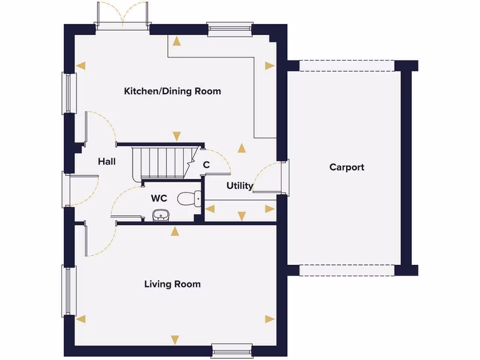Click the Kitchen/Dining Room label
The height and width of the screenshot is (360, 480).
point(172,91)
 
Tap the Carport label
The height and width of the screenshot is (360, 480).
point(346,167)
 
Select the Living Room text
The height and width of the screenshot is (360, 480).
point(172,284)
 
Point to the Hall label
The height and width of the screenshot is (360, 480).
point(107,162)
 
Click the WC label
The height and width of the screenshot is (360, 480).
point(159,198)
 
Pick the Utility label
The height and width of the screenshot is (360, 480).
point(240,186)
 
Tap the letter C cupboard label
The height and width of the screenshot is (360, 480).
point(206,165)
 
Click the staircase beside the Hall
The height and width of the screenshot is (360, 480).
point(159,162)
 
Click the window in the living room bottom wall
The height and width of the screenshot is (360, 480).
point(232,350)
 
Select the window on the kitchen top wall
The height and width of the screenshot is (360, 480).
point(230,29)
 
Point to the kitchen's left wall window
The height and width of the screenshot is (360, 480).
point(69,93)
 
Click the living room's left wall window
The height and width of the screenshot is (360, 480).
point(69,291)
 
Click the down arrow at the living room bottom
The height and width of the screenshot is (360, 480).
point(175,340)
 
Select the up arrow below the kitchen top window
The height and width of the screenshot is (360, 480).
point(176,41)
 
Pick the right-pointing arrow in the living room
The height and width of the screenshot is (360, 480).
point(269,319)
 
